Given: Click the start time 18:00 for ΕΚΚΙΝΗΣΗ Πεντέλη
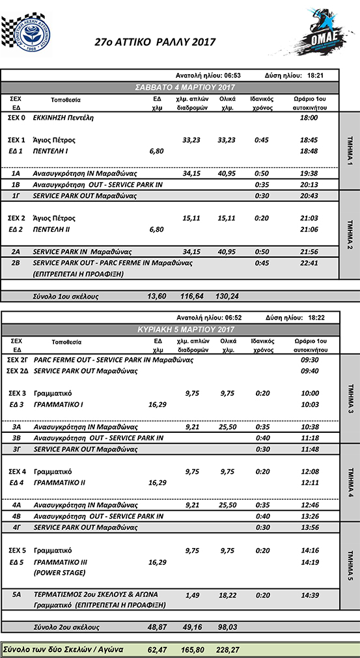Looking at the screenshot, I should coord(309,118).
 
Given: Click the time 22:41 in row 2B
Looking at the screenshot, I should coord(309,263).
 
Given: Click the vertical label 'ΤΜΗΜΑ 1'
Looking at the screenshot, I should coord(350,151).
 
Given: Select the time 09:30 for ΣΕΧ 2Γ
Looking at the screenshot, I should coord(309,359).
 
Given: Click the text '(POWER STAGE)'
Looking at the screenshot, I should coord(59,573).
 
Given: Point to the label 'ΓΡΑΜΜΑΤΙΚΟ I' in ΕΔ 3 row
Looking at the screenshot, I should coord(58,405).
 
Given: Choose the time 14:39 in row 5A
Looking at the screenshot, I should coord(309,595).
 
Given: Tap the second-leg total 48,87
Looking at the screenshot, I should coord(156,627).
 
